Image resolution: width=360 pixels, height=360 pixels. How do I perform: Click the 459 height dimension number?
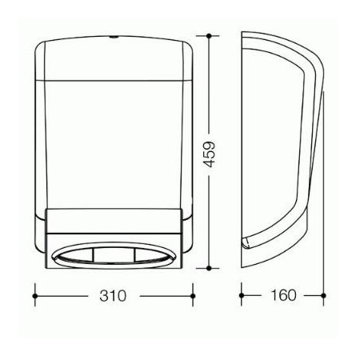[209, 154]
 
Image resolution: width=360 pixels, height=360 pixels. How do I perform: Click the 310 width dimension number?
[113, 296]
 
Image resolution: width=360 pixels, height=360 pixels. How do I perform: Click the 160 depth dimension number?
[283, 295]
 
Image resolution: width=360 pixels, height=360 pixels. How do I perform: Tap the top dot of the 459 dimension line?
[209, 35]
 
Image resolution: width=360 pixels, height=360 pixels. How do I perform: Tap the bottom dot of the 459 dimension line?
[209, 268]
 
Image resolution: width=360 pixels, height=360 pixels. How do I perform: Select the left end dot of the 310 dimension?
[34, 296]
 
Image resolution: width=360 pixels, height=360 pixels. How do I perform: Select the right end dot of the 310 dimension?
[193, 296]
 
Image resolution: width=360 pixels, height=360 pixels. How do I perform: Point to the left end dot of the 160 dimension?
[242, 295]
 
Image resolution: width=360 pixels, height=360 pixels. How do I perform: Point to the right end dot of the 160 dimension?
[323, 295]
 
